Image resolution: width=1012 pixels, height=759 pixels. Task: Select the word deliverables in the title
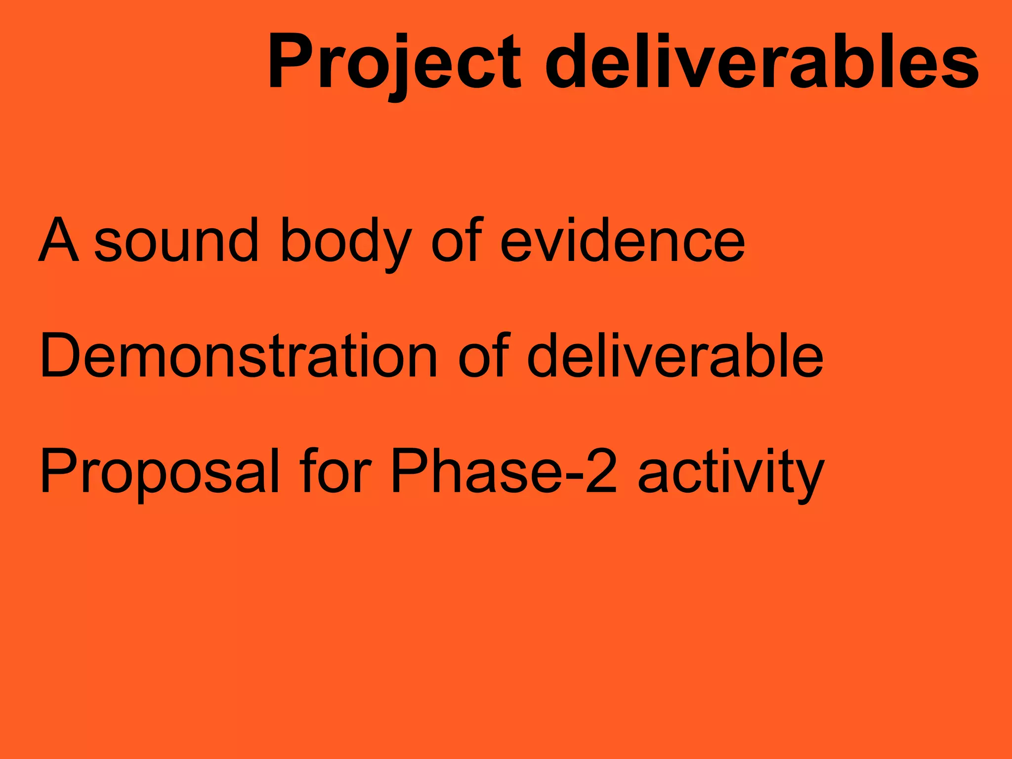click(761, 62)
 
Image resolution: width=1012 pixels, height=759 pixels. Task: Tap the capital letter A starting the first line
click(58, 241)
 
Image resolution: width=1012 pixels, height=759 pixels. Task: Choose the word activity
click(731, 472)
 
